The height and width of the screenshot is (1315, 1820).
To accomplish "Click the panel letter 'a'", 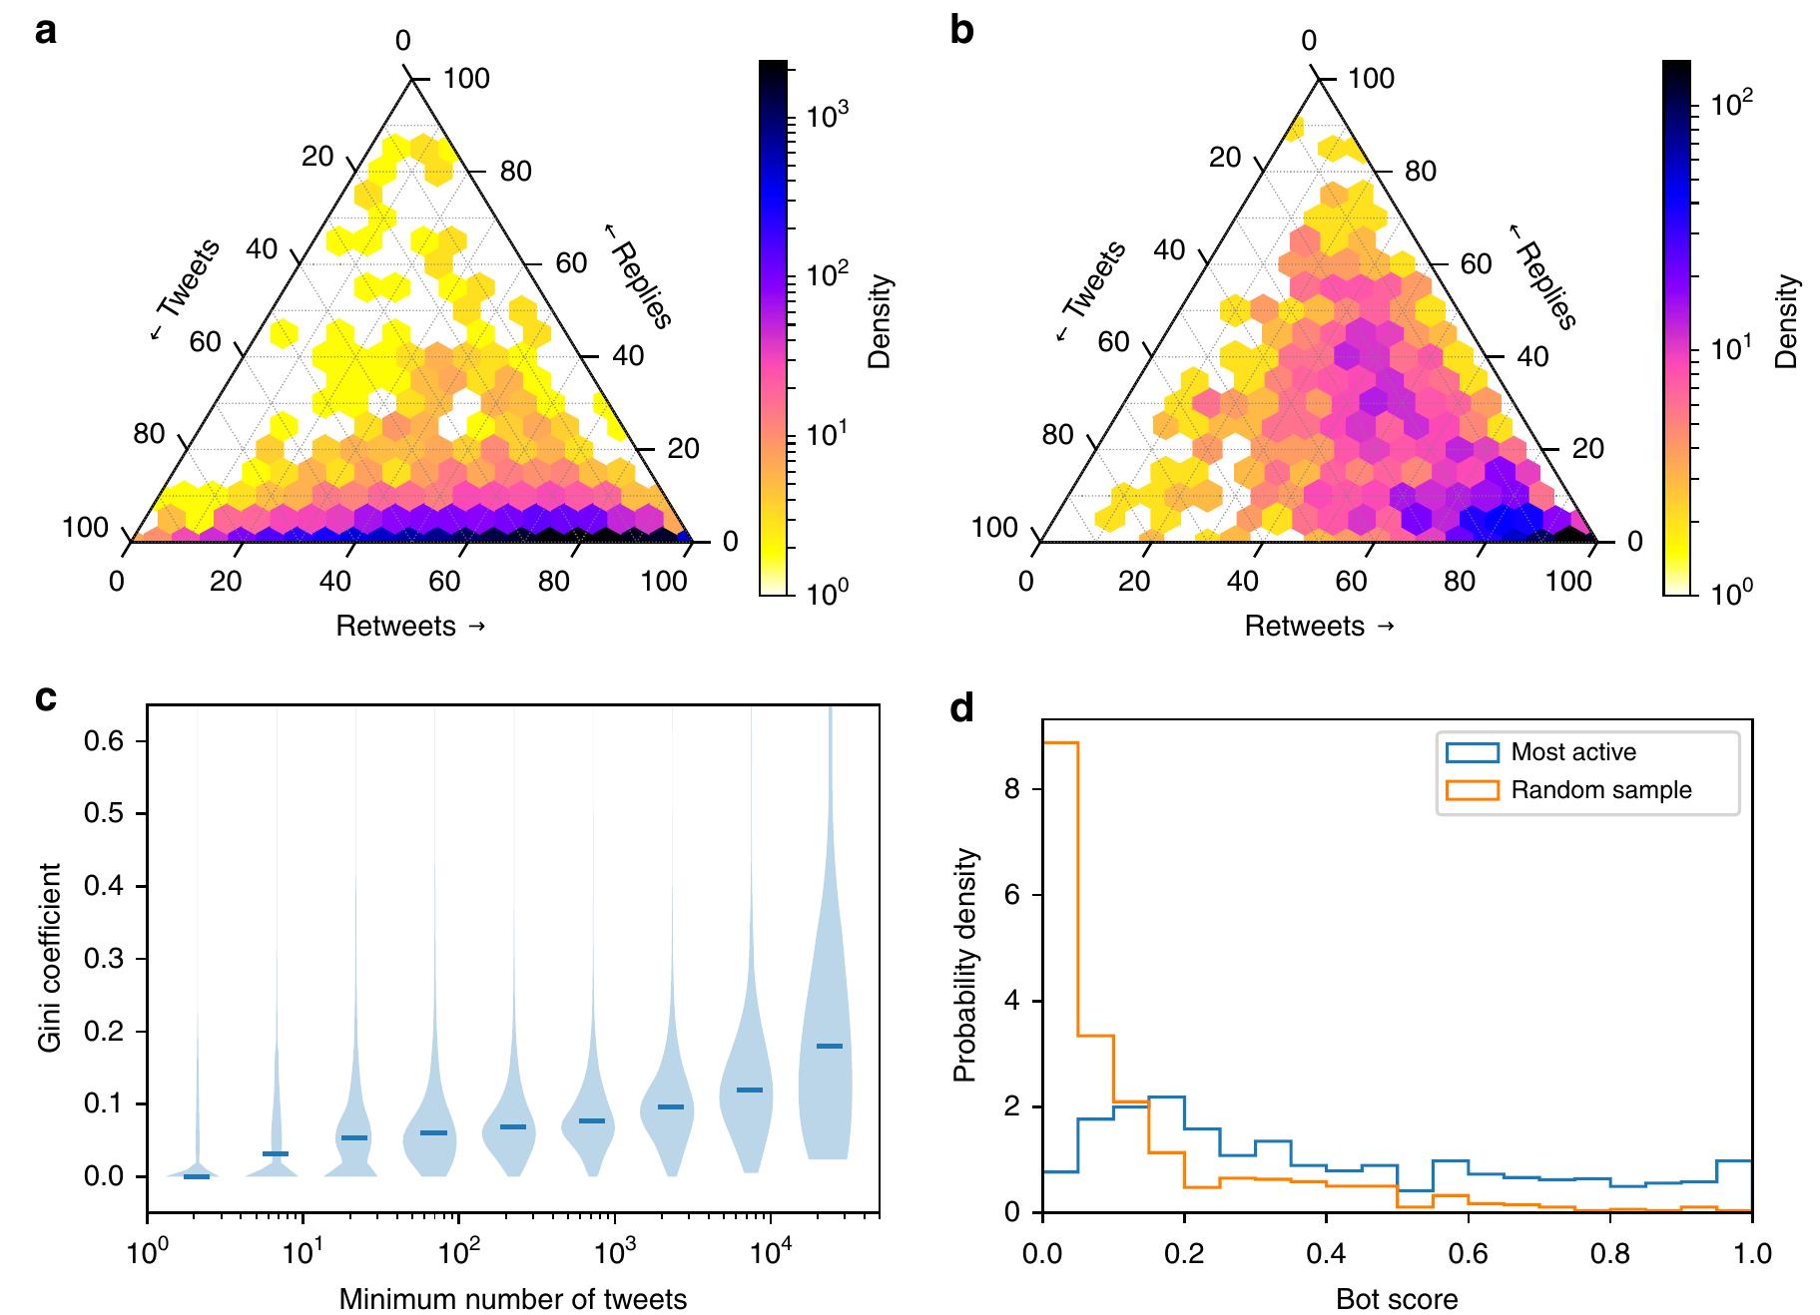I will point(45,32).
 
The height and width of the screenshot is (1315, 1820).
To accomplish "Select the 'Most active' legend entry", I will point(1572,752).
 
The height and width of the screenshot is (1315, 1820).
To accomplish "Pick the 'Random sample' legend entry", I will point(1600,790).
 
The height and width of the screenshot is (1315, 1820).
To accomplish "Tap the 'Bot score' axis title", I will point(1396,1299).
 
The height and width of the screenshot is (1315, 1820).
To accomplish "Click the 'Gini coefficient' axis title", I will point(50,958).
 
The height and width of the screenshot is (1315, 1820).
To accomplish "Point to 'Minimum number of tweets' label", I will point(512,1299).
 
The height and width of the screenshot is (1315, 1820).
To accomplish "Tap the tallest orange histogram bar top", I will point(1059,742).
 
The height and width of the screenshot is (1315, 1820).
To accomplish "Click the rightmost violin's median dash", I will point(830,1046).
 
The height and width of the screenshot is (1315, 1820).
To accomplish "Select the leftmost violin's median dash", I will point(197,1177).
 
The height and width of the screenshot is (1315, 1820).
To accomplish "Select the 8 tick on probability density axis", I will point(1013,789).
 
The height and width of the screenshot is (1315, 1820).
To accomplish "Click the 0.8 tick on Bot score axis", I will point(1609,1252).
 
